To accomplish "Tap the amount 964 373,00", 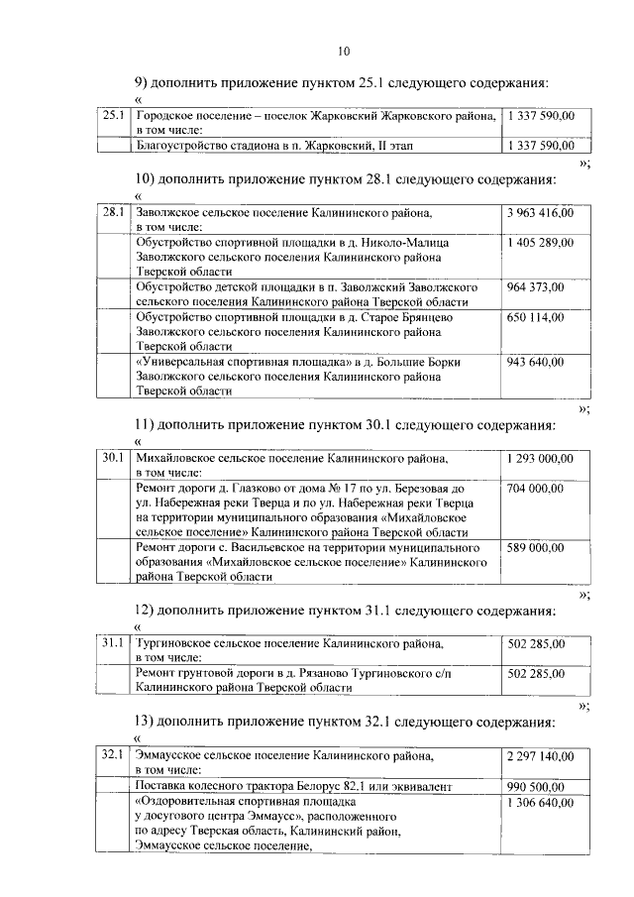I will coord(535,287).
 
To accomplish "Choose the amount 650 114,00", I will coord(535,317).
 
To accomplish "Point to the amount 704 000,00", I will coord(535,489).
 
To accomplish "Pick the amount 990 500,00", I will coord(535,786).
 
